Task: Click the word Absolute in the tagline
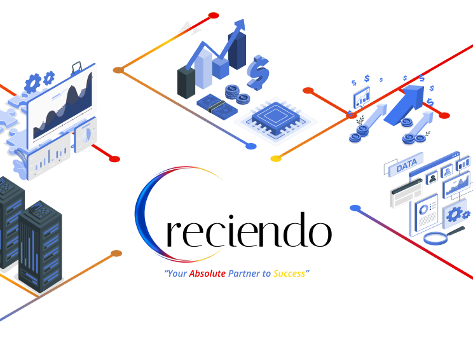point(207,273)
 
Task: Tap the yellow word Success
point(289,273)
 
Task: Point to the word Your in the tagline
point(176,273)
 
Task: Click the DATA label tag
point(406,165)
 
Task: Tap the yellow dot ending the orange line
point(276,158)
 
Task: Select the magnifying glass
point(436,239)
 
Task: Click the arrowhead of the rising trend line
point(240,25)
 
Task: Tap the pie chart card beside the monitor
point(85,135)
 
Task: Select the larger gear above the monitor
point(33,81)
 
